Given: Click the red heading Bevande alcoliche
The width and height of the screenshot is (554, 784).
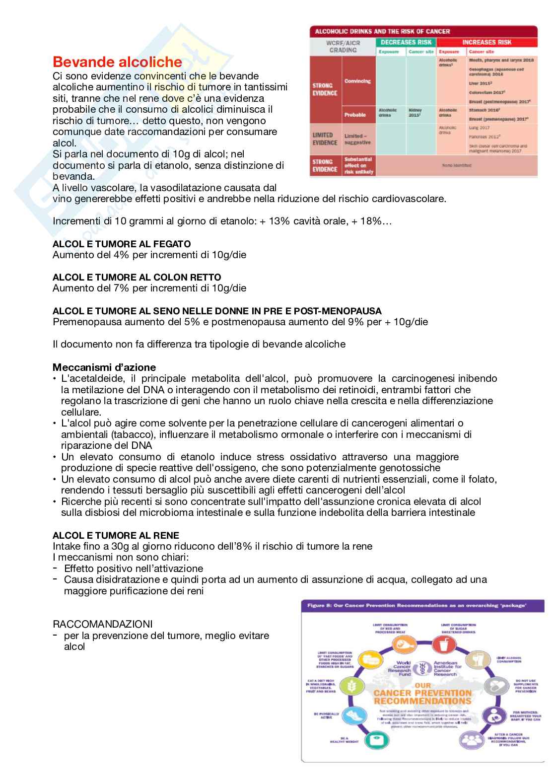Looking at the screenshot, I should pos(117,62).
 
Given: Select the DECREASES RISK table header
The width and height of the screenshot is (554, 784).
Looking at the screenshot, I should pos(405,42).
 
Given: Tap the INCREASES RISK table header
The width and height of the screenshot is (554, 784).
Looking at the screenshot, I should pos(486,42).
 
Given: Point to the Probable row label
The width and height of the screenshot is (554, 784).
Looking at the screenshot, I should pos(355,115).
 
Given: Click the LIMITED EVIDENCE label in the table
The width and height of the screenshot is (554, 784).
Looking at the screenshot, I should pos(325,139).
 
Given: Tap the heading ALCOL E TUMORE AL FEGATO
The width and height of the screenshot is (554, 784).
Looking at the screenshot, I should pos(122,244).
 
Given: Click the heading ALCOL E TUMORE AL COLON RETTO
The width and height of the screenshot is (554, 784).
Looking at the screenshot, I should pos(137,277).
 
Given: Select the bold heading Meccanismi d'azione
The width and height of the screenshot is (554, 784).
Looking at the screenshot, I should pos(104,367).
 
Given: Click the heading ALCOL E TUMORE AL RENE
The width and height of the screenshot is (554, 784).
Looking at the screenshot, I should pos(116,535).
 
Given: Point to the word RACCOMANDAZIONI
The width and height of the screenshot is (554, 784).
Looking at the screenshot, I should pos(103,623).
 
